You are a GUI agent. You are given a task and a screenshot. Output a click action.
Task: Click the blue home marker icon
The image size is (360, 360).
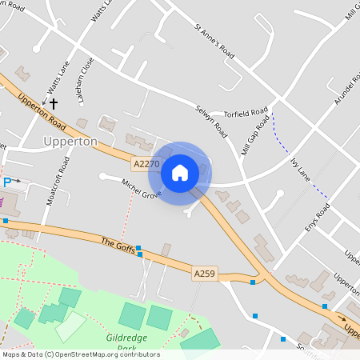tap(180, 172)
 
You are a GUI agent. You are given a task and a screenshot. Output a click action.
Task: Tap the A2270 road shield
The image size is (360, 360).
tap(146, 164)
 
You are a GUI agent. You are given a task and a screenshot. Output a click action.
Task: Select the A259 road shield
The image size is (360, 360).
tap(205, 274)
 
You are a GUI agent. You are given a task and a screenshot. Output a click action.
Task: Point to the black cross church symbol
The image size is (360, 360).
tap(54, 102)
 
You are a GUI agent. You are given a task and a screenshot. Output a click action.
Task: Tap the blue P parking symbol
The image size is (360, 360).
tap(7, 182)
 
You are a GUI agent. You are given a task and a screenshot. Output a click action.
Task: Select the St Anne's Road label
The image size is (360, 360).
tap(214, 41)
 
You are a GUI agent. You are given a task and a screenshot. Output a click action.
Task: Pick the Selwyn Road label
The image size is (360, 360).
tap(212, 117)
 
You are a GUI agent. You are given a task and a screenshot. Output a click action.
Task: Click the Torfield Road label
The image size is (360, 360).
tap(246, 113)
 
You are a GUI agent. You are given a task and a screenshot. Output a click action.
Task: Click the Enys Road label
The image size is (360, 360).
tap(318, 218)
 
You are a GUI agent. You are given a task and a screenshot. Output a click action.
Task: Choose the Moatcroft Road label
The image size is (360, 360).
tap(58, 179)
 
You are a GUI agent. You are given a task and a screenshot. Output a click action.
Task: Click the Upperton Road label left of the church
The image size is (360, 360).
tap(39, 113)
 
